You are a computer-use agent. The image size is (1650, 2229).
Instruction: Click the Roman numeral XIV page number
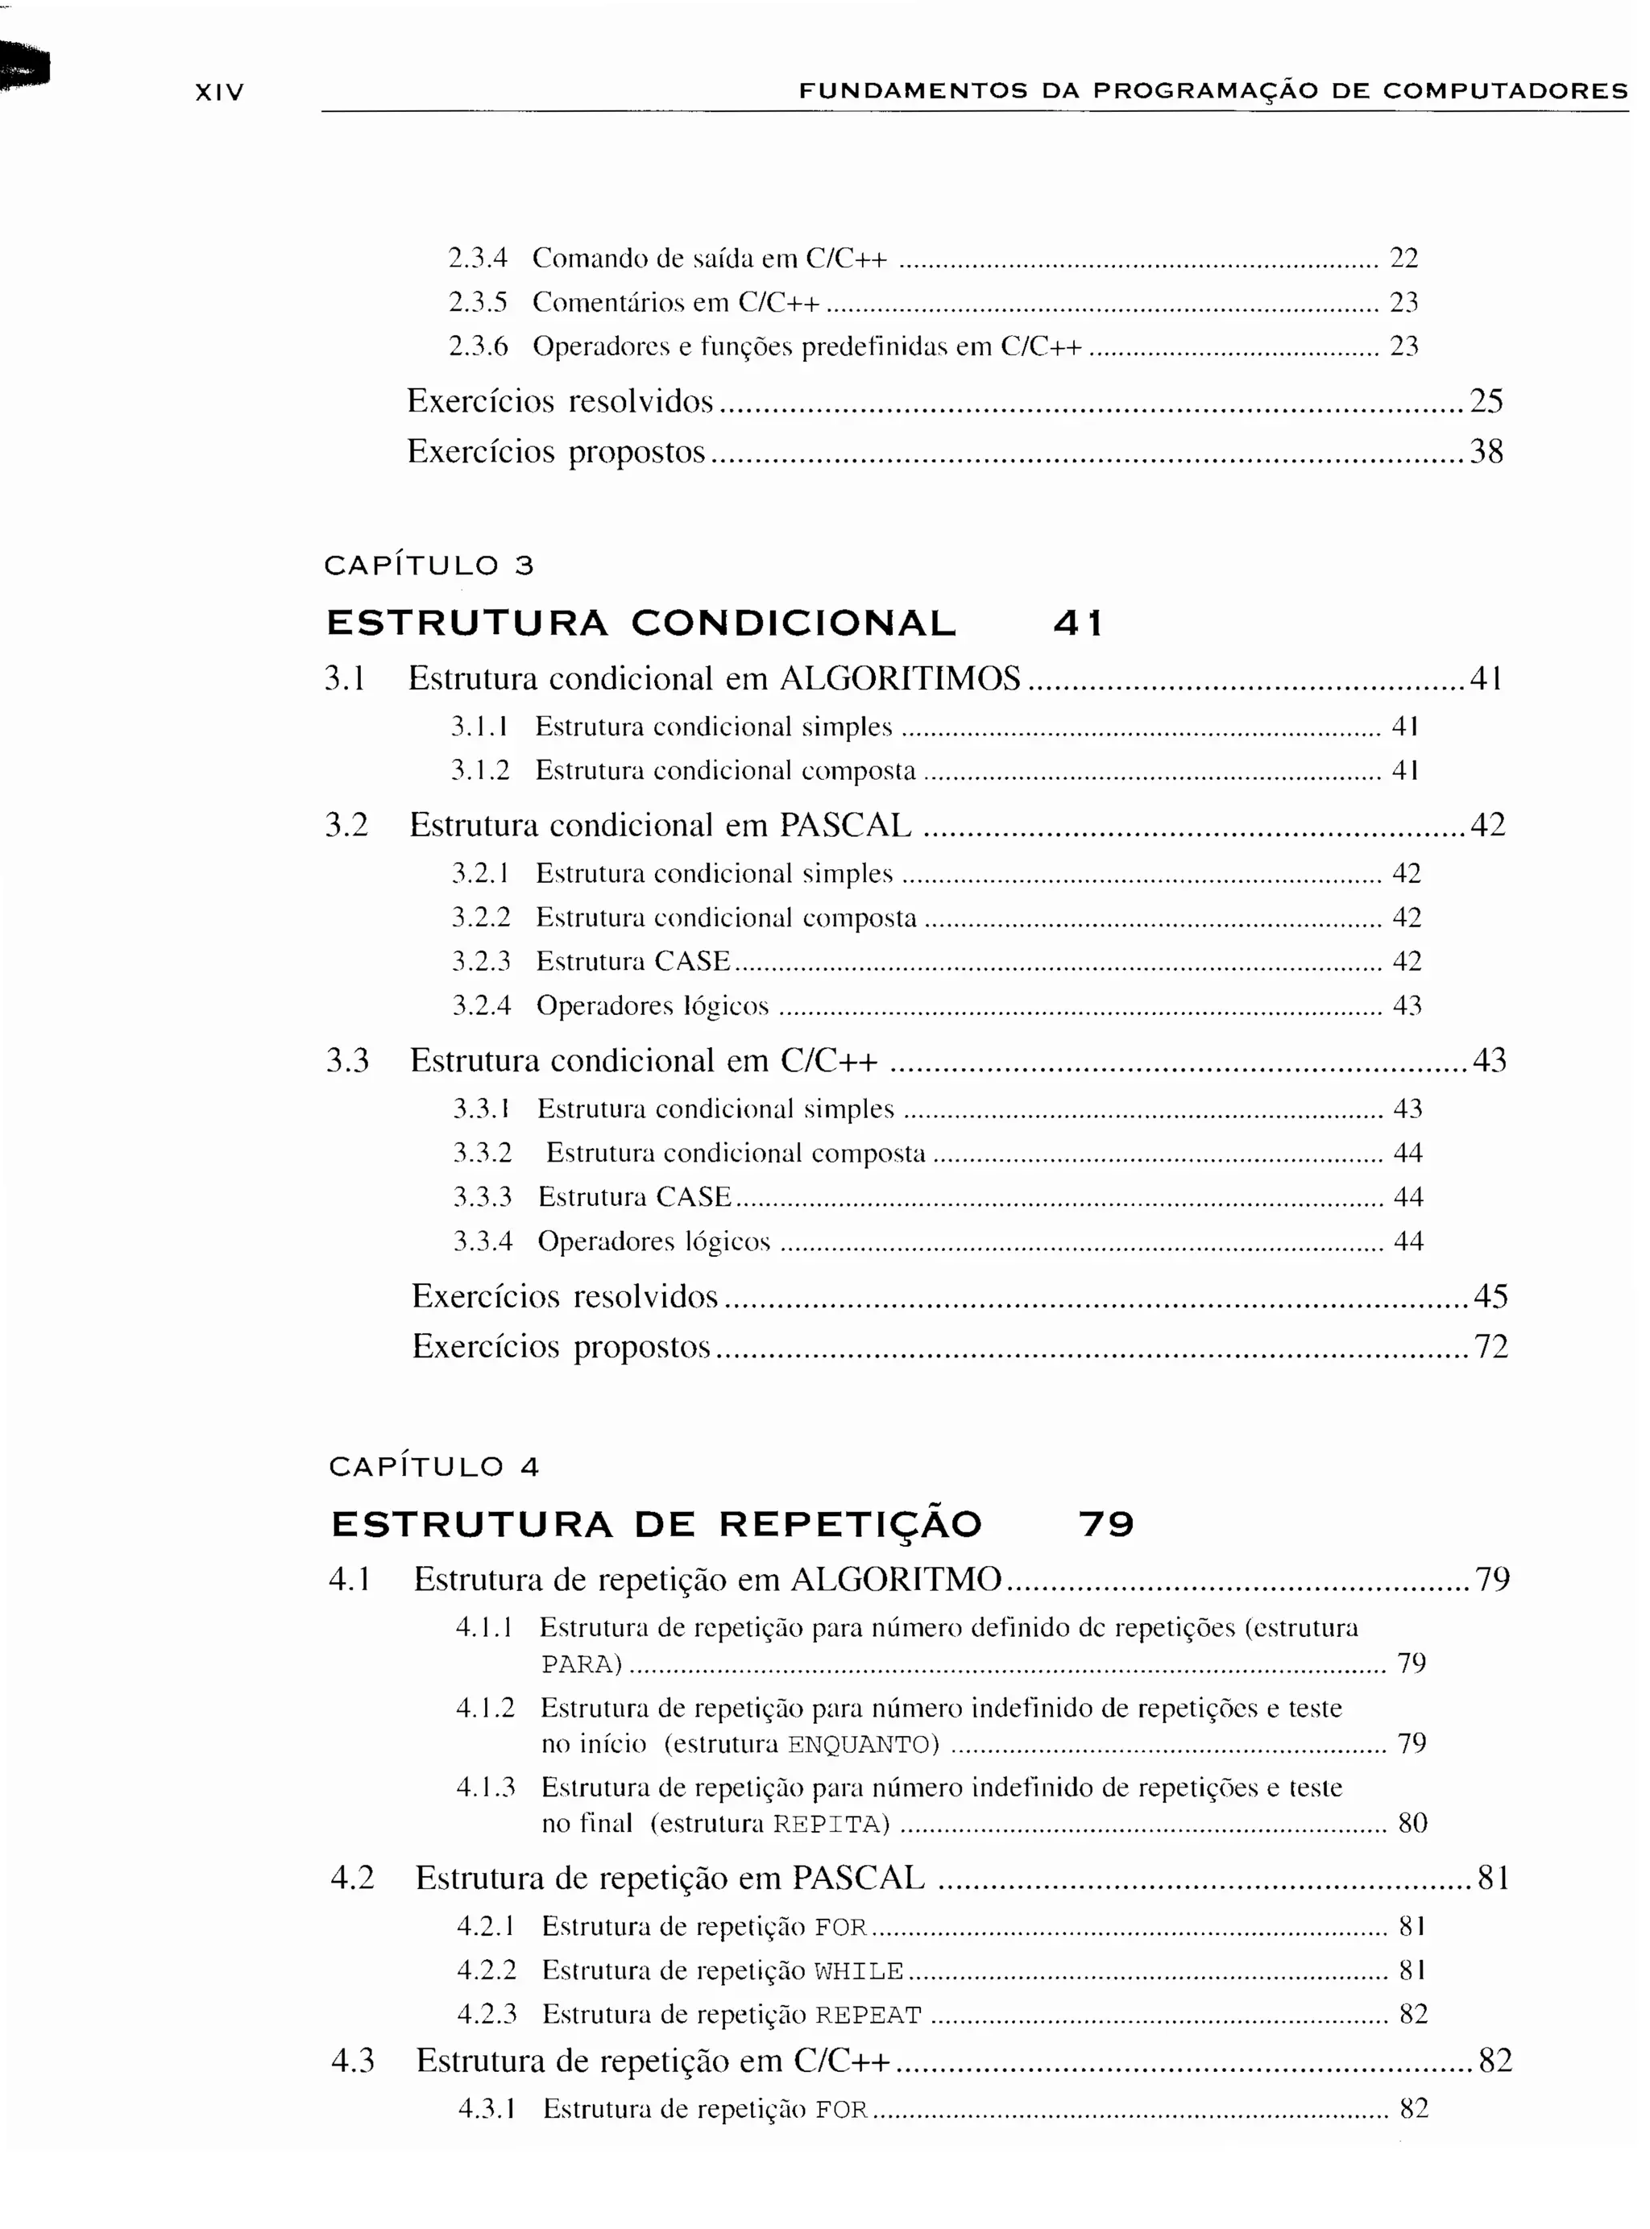pyautogui.click(x=218, y=93)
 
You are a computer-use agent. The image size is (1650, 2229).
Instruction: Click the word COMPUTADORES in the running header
pyautogui.click(x=1505, y=91)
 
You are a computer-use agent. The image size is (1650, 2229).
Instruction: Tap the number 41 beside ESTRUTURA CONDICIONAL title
pyautogui.click(x=1079, y=624)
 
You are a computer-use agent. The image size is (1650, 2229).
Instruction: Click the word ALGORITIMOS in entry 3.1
pyautogui.click(x=900, y=679)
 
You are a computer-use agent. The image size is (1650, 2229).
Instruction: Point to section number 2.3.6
pyautogui.click(x=479, y=346)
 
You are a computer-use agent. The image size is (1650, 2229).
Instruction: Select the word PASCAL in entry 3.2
pyautogui.click(x=845, y=825)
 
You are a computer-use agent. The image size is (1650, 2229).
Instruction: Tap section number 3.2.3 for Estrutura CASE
pyautogui.click(x=482, y=961)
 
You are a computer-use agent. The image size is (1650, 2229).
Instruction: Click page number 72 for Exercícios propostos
pyautogui.click(x=1491, y=1346)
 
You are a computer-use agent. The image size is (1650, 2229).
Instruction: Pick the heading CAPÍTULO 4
pyautogui.click(x=434, y=1466)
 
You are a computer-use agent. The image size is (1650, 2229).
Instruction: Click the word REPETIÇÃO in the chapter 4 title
pyautogui.click(x=851, y=1524)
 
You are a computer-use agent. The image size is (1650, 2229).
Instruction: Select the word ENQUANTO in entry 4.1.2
pyautogui.click(x=863, y=1745)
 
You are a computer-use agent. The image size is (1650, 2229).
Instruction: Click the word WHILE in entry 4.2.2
pyautogui.click(x=859, y=1970)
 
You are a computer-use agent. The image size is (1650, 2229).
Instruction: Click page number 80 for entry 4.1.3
pyautogui.click(x=1412, y=1824)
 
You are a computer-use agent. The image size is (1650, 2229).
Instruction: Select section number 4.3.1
pyautogui.click(x=487, y=2108)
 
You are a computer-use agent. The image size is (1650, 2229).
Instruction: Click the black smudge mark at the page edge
pyautogui.click(x=24, y=67)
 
